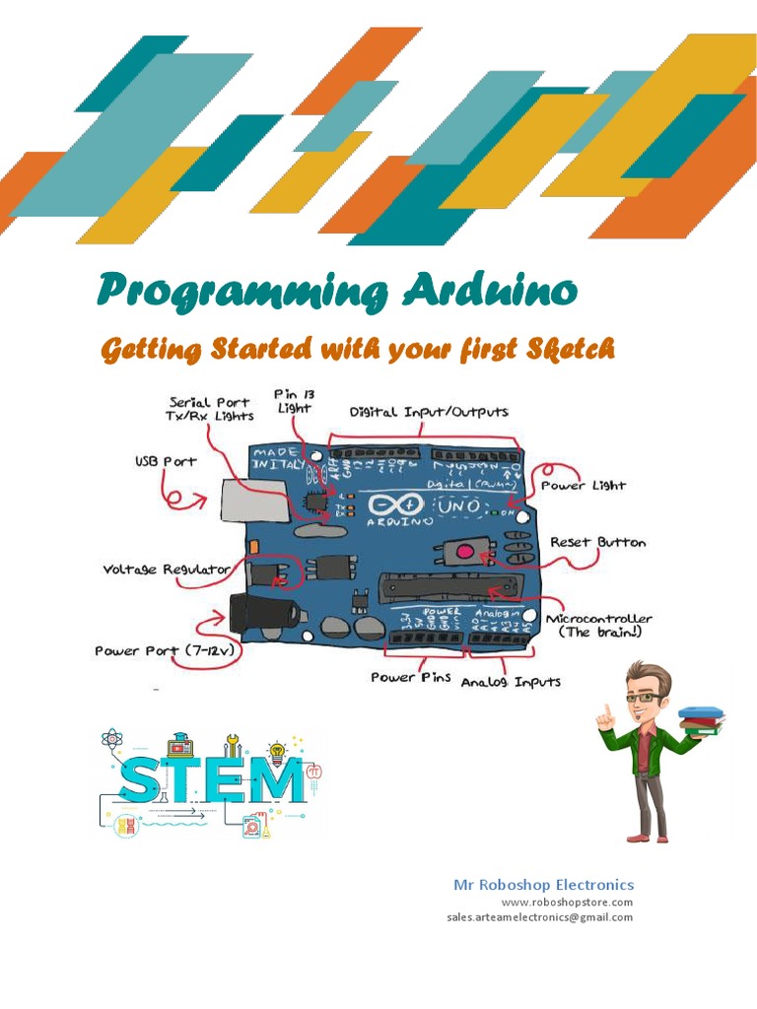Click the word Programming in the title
pyautogui.click(x=242, y=293)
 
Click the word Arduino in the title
pyautogui.click(x=490, y=292)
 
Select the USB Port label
pyautogui.click(x=166, y=461)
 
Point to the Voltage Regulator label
pyautogui.click(x=167, y=570)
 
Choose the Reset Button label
pyautogui.click(x=597, y=542)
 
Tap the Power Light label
pyautogui.click(x=595, y=486)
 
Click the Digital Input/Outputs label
pyautogui.click(x=429, y=412)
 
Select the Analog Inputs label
pyautogui.click(x=511, y=682)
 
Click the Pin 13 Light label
pyautogui.click(x=293, y=400)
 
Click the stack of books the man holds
pyautogui.click(x=701, y=718)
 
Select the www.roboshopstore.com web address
pyautogui.click(x=567, y=902)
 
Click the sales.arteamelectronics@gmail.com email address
pyautogui.click(x=539, y=917)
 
